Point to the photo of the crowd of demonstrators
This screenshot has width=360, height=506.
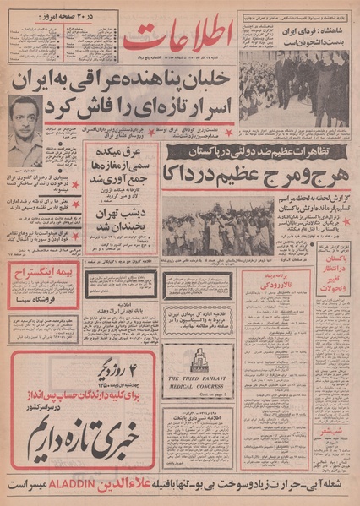218,226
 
